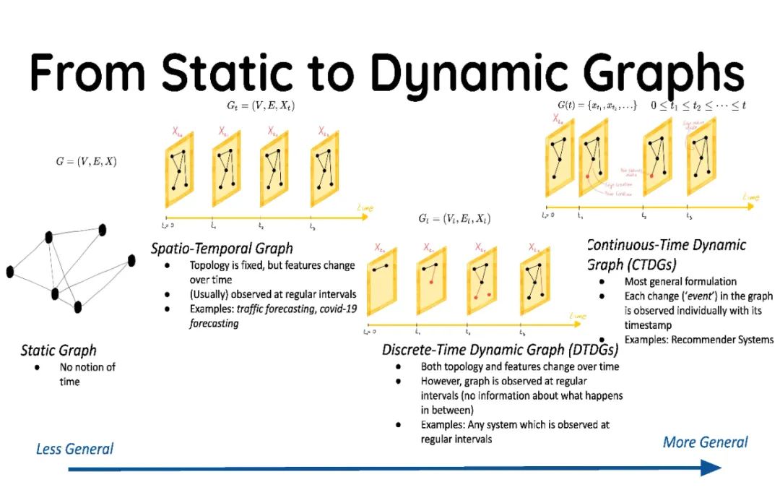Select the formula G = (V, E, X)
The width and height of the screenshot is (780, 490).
point(86,161)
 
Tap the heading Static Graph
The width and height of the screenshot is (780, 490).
point(58,351)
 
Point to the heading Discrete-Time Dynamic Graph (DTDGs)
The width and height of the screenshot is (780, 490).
point(500,350)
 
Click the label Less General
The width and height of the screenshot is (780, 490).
point(74,449)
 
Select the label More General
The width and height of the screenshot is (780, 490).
point(705,442)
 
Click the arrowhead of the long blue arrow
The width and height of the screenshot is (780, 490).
point(711,468)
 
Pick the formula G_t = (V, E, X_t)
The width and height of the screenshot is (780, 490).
point(261,106)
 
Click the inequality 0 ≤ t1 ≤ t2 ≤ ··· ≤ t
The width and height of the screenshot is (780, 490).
point(698,106)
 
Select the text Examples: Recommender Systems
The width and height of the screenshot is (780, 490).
point(699,340)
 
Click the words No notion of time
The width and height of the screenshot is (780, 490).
point(87,374)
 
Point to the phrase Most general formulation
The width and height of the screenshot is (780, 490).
point(680,281)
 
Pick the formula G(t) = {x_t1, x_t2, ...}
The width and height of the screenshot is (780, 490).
point(597,106)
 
